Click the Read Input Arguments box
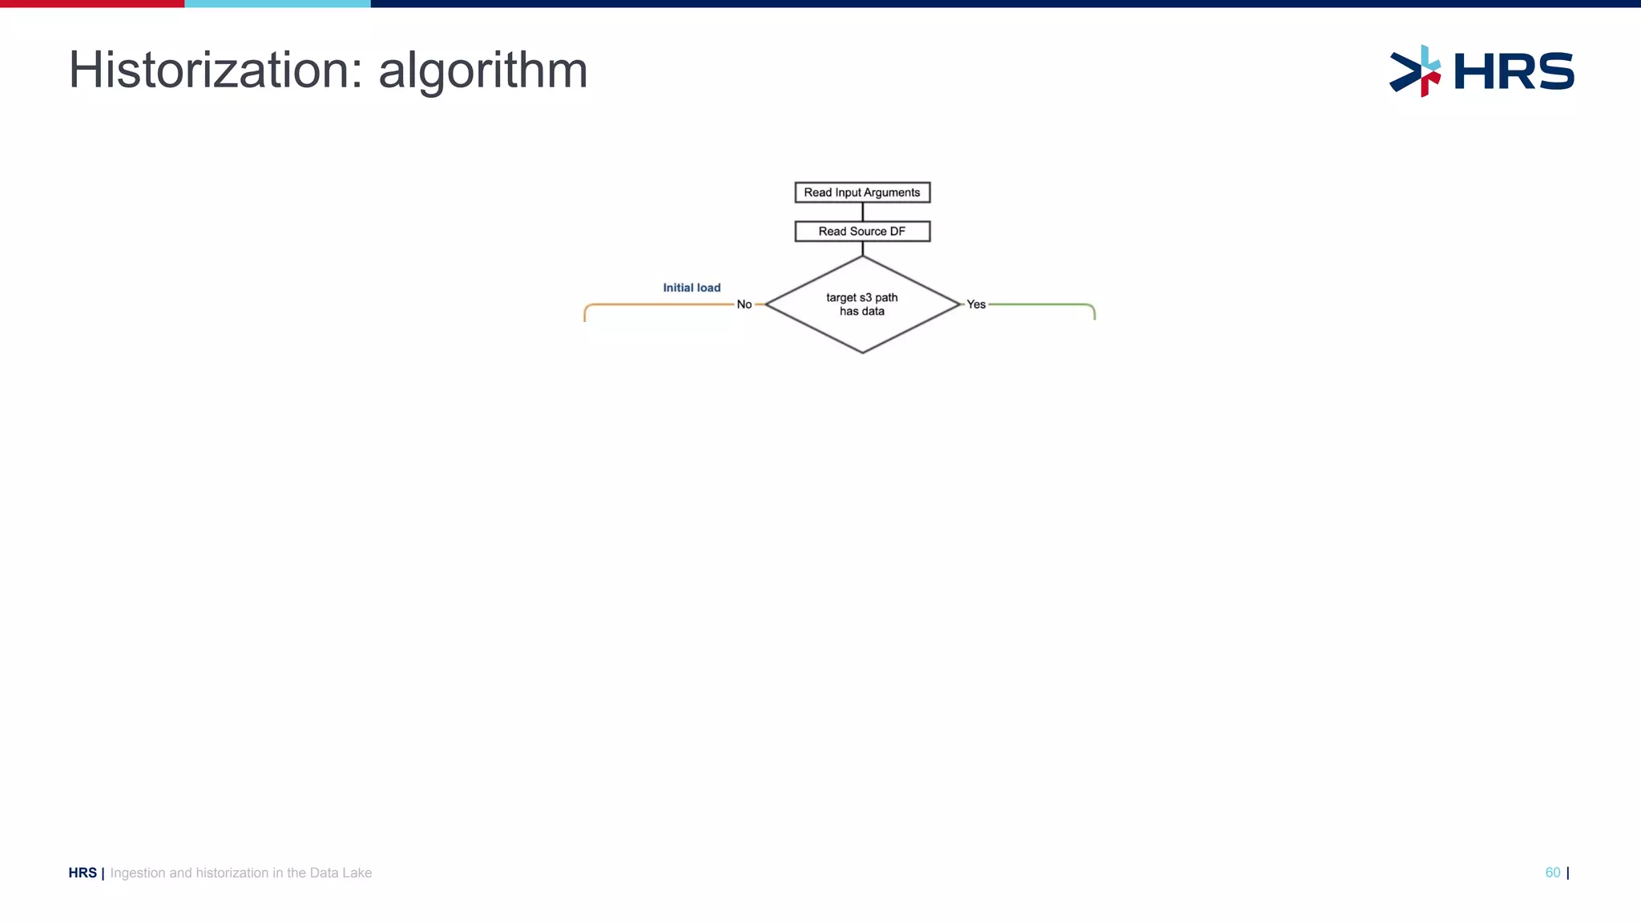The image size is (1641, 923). pyautogui.click(x=862, y=192)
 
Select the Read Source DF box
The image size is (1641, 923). pyautogui.click(x=862, y=232)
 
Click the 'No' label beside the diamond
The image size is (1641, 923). pyautogui.click(x=744, y=304)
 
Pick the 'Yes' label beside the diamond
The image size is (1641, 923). pyautogui.click(x=976, y=304)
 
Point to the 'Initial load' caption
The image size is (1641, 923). pyautogui.click(x=691, y=288)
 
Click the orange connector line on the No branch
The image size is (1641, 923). pyautogui.click(x=657, y=304)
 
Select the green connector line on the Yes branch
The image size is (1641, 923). pyautogui.click(x=1042, y=304)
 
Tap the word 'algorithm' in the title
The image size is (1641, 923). pyautogui.click(x=483, y=72)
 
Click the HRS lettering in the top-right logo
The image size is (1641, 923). pyautogui.click(x=1514, y=71)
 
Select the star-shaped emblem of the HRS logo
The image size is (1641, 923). pyautogui.click(x=1415, y=71)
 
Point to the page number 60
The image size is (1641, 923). pyautogui.click(x=1552, y=873)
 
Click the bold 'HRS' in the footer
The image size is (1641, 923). pyautogui.click(x=83, y=873)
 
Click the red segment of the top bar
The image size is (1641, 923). pyautogui.click(x=92, y=3)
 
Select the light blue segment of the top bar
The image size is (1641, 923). pyautogui.click(x=277, y=3)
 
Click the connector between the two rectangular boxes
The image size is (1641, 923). pyautogui.click(x=862, y=212)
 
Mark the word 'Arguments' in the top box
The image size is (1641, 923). pyautogui.click(x=891, y=192)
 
